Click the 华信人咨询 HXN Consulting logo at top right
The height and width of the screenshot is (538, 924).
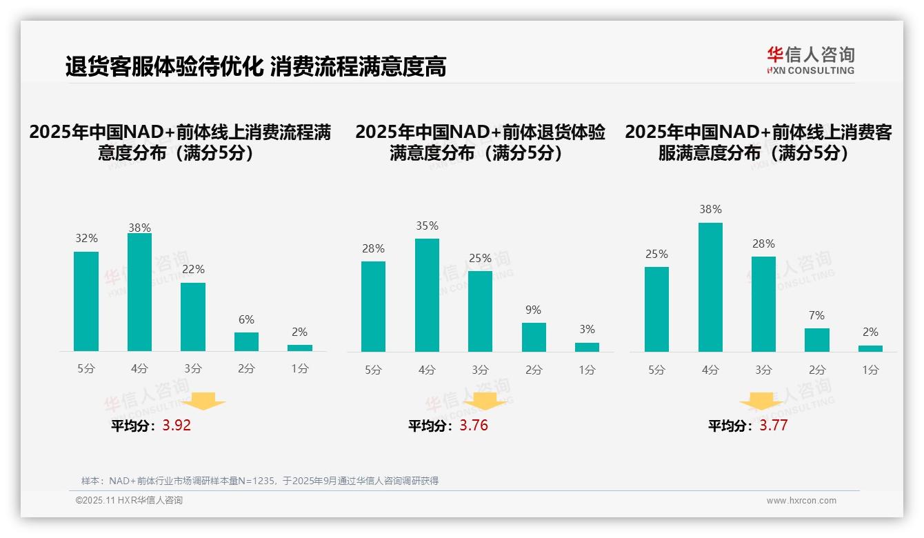810,60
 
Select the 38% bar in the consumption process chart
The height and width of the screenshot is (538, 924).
140,292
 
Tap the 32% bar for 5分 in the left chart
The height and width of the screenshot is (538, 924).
86,301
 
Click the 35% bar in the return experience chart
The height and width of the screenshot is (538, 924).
427,295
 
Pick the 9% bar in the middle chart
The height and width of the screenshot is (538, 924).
534,337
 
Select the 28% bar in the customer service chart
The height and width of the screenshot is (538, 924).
763,304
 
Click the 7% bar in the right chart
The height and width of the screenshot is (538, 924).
817,340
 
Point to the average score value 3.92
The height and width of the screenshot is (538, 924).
177,426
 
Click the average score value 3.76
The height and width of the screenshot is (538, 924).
474,426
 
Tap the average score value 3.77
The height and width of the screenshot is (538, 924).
774,426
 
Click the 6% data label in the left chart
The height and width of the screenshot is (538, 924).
246,319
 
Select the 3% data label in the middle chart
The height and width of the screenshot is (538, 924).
587,330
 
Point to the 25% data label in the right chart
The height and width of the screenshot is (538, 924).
656,255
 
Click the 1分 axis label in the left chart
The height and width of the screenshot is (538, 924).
300,369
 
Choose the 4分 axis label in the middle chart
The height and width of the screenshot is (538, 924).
427,370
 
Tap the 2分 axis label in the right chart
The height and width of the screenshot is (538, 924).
817,370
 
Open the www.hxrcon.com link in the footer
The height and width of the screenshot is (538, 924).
801,501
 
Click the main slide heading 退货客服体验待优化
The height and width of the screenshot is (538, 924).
164,66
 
